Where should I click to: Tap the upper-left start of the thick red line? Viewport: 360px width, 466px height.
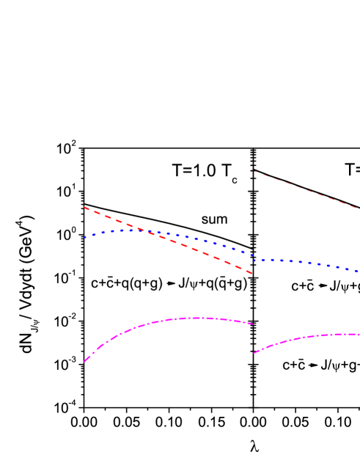coord(84,207)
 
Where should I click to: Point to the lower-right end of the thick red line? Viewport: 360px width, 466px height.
coord(252,274)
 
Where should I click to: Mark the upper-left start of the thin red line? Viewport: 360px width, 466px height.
coord(255,172)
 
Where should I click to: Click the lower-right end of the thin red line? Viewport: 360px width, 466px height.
coord(358,208)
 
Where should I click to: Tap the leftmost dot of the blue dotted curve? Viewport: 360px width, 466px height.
coord(84,237)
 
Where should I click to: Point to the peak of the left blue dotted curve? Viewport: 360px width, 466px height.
coord(132,229)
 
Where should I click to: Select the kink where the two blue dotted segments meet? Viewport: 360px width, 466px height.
coord(254,259)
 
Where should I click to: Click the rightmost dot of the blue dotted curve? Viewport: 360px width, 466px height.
coord(358,272)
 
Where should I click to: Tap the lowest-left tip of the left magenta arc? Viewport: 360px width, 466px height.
coord(84,362)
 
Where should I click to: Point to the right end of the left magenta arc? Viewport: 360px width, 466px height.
coord(253,324)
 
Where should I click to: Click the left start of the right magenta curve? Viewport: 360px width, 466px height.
coord(254,353)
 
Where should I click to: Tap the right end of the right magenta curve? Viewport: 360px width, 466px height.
coord(359,335)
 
